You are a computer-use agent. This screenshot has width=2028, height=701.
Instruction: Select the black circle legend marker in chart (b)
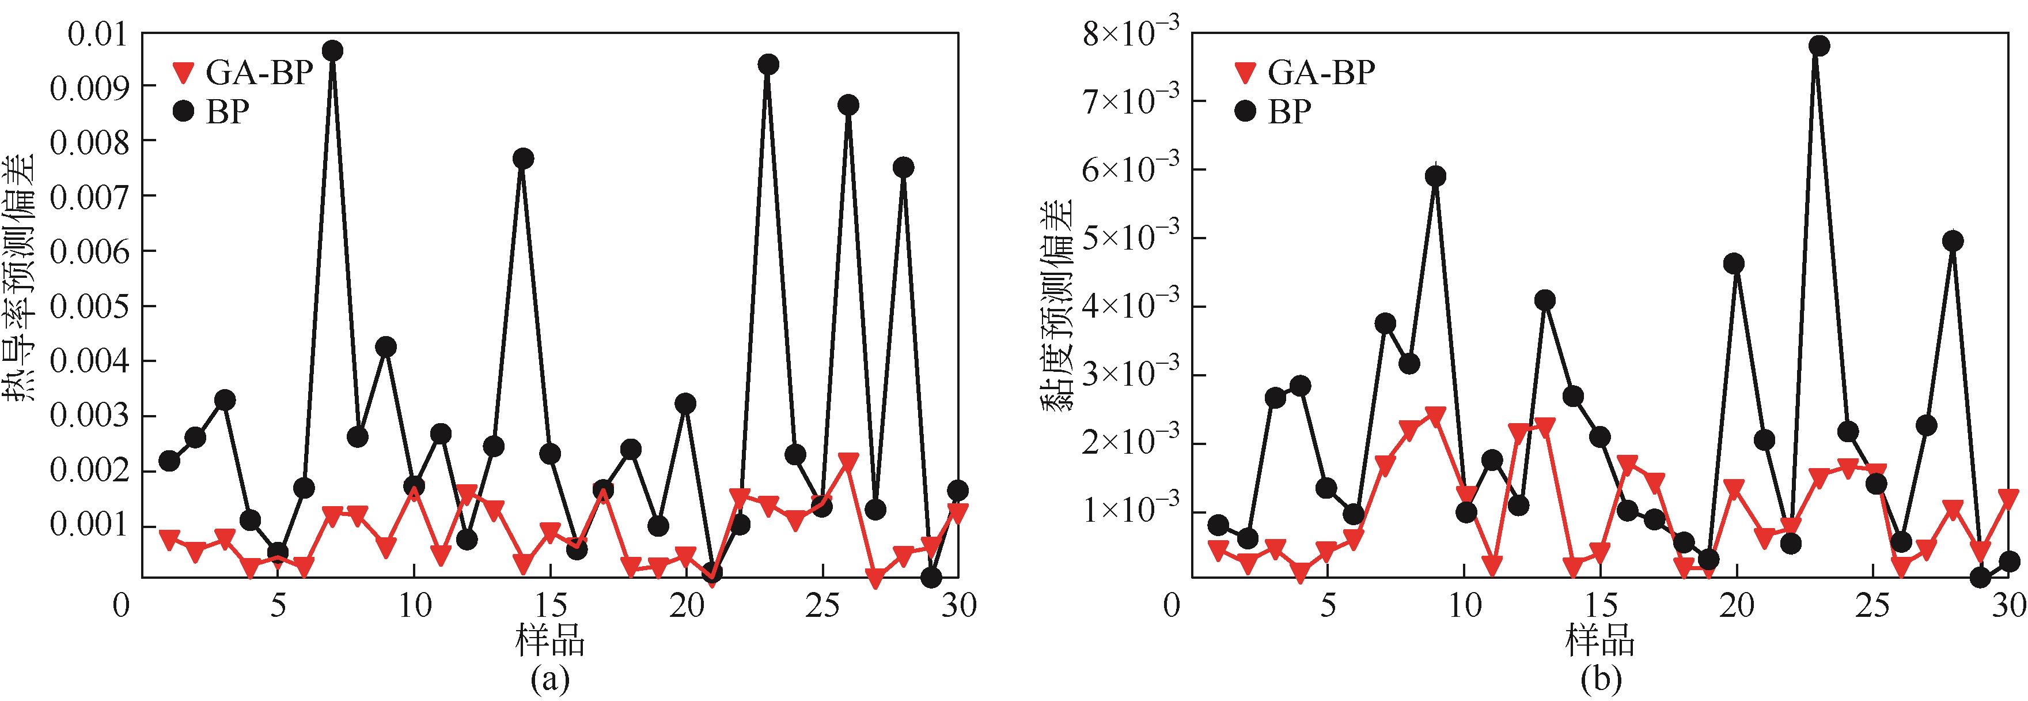click(x=1245, y=112)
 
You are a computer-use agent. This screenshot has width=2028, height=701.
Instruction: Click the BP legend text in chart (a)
click(x=228, y=112)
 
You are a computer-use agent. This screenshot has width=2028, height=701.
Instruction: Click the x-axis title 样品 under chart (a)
click(x=549, y=640)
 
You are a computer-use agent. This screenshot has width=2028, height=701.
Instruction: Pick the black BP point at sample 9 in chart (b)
click(x=1435, y=176)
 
